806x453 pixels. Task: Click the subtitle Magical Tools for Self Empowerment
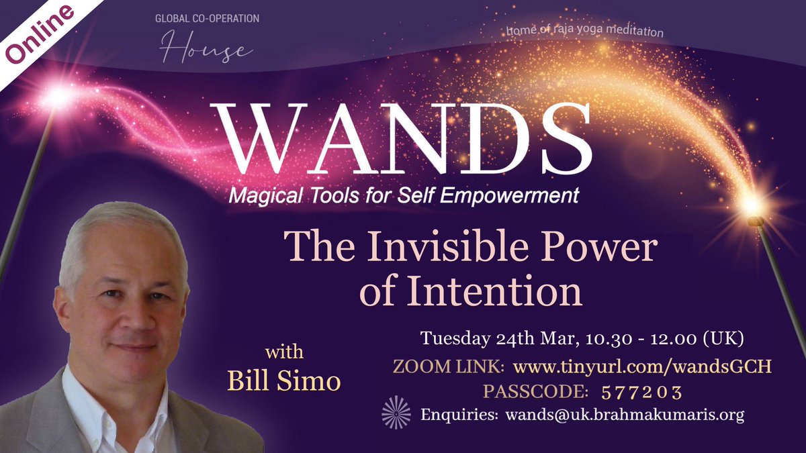[x=404, y=196]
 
